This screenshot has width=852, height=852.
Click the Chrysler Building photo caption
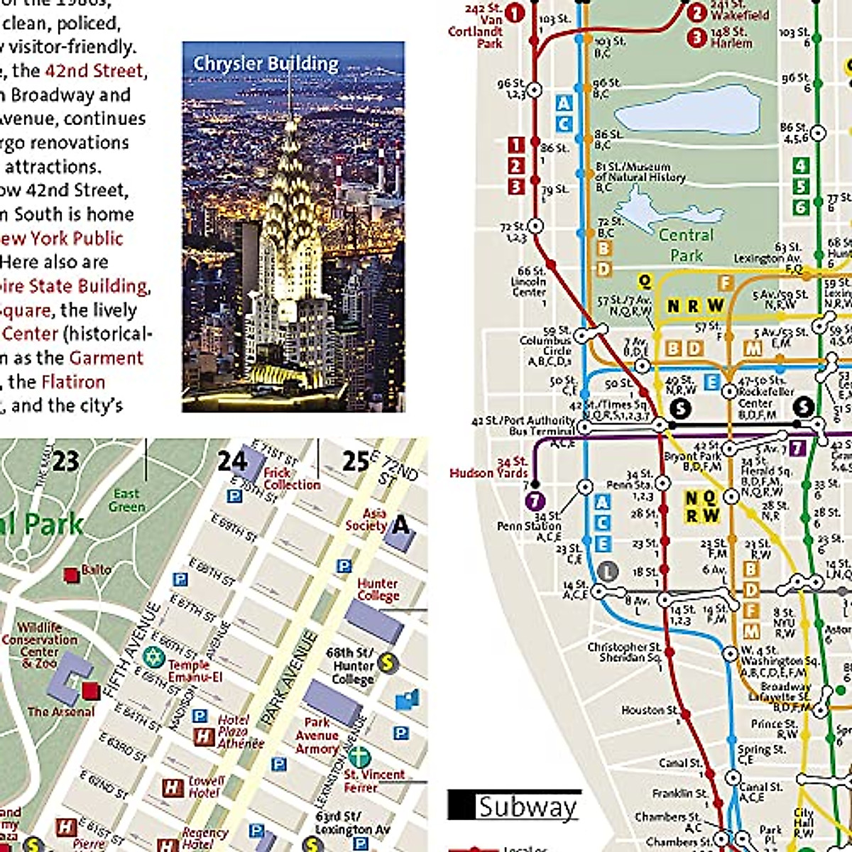tap(266, 64)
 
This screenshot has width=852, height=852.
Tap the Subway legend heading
tap(527, 807)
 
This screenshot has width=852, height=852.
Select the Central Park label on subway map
tap(686, 245)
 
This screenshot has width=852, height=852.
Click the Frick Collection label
tap(291, 479)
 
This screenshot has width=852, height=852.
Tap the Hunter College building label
tap(378, 589)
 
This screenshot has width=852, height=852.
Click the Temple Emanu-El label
tap(195, 671)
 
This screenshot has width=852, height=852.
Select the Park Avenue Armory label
tap(317, 736)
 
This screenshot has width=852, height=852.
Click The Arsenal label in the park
tap(60, 711)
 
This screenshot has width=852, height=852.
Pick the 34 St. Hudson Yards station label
tap(489, 468)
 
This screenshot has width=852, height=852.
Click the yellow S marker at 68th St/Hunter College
tap(387, 663)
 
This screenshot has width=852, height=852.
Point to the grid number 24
tap(231, 461)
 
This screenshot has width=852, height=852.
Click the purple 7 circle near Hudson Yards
tap(535, 501)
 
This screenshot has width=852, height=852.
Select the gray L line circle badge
tap(607, 571)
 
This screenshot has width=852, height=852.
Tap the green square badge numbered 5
tap(801, 186)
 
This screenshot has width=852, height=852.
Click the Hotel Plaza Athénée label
tap(240, 731)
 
